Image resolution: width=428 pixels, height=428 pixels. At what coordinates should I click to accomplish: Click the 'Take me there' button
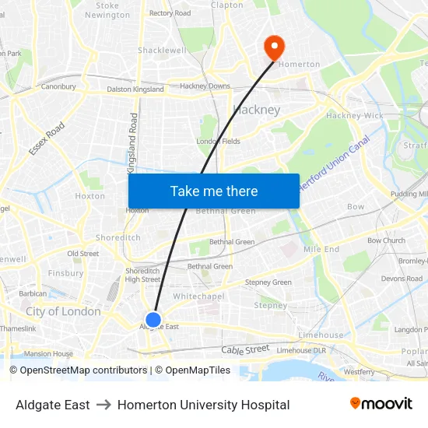point(214,191)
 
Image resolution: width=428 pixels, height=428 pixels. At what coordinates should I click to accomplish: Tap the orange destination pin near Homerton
point(273,47)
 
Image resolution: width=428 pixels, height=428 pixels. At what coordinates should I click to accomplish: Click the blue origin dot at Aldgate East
point(153,319)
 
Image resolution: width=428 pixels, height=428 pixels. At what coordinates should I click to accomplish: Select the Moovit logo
point(381,404)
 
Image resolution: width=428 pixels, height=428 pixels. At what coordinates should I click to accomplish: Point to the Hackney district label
point(257,110)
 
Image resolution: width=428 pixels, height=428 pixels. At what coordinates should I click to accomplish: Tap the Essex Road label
point(47,138)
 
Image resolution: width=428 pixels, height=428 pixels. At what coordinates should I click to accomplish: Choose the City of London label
point(63,311)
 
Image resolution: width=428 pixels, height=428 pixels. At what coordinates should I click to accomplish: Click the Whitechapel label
point(198,296)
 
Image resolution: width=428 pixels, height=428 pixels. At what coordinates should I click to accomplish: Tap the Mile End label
point(321,249)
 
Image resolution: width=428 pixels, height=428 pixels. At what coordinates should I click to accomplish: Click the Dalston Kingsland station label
point(135,89)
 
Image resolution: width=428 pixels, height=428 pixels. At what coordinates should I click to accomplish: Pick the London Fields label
point(218,141)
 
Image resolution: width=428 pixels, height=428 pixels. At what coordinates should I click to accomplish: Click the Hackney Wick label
point(354,116)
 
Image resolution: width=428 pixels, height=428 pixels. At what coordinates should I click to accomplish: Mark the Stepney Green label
point(268,282)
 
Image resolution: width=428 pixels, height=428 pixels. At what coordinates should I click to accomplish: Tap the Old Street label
point(82,254)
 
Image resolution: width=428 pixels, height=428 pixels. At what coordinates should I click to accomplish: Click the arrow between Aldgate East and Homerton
point(103,405)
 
